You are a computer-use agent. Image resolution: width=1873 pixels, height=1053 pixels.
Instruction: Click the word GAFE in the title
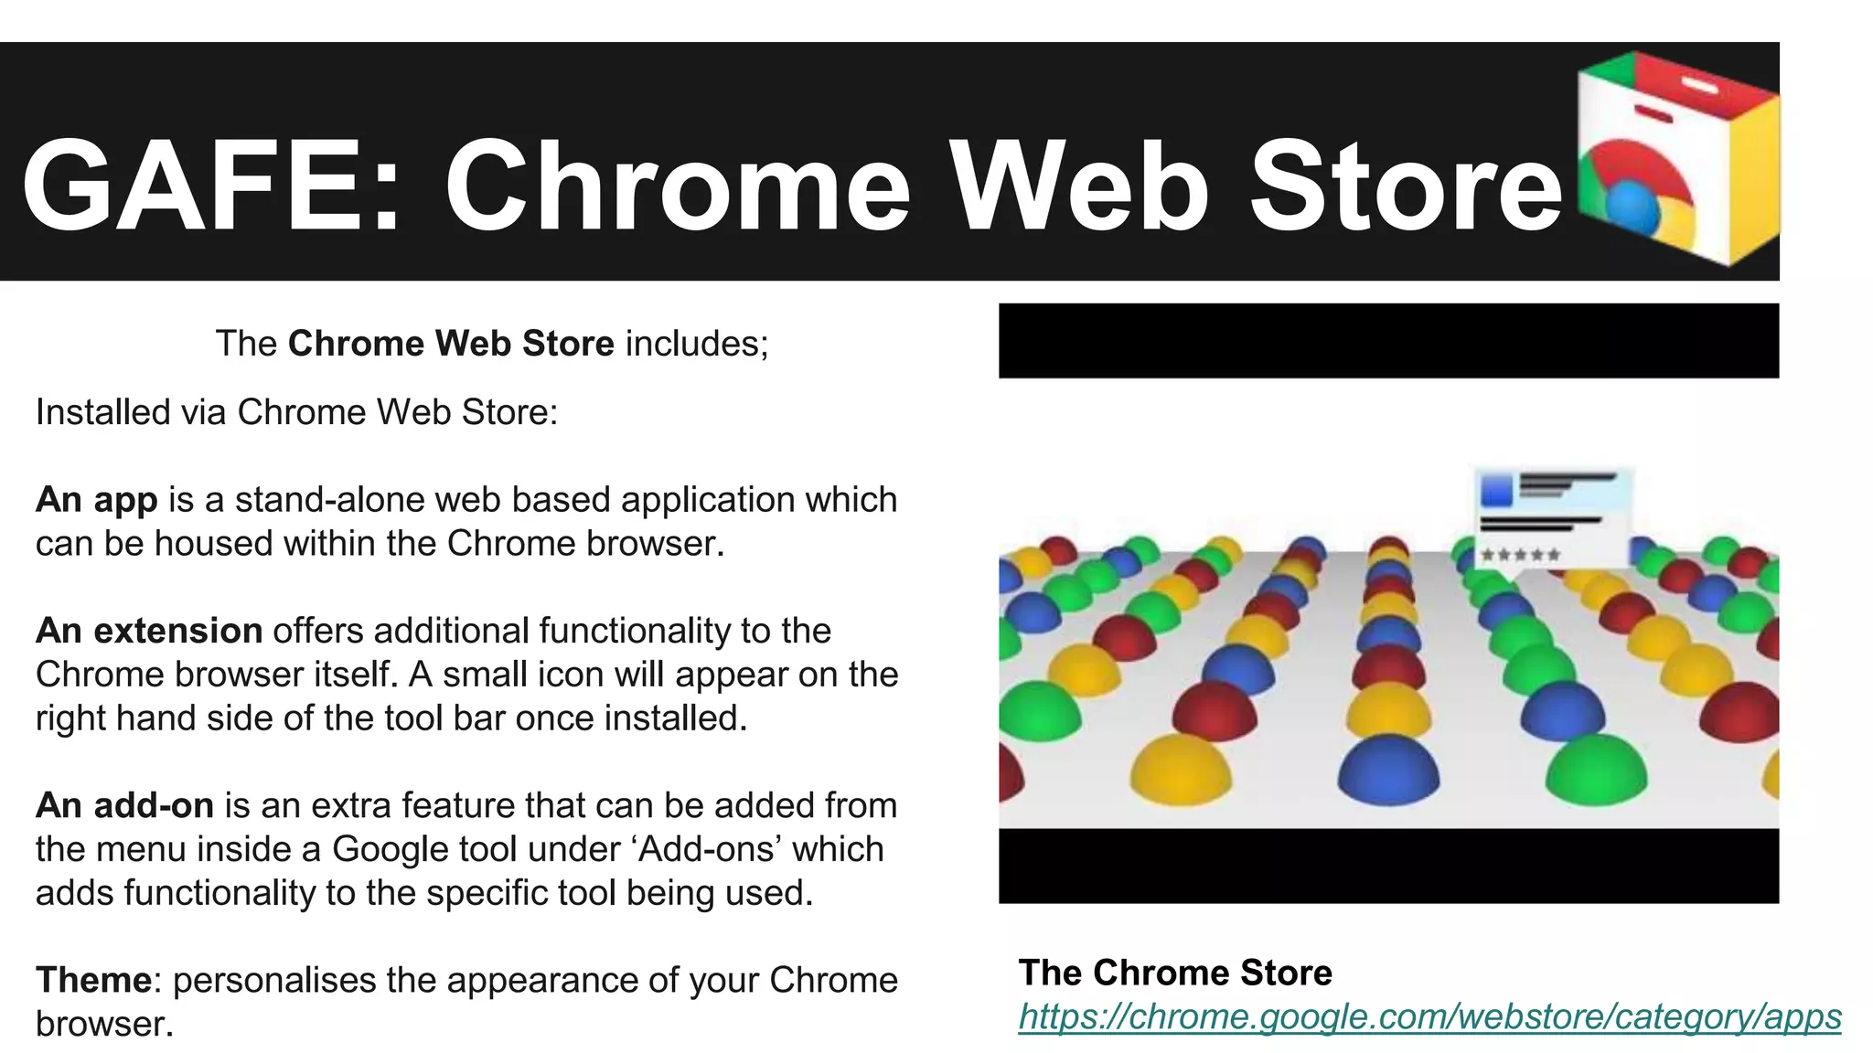coord(192,186)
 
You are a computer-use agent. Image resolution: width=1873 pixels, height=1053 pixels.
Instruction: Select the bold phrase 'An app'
coord(96,500)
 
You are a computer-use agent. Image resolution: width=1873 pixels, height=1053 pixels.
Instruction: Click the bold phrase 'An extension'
coord(149,631)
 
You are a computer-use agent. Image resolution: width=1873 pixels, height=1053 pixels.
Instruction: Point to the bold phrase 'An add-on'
coord(124,805)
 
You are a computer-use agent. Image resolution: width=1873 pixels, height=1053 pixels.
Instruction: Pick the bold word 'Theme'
coord(93,980)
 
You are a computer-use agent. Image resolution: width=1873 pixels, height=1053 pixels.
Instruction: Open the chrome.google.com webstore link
coord(1429,1016)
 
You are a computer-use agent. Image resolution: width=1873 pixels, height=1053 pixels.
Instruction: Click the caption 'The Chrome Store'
coord(1175,973)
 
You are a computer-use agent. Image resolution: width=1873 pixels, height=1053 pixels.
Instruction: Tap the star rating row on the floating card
coord(1520,554)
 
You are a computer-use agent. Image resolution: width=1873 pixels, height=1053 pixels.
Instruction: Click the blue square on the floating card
coord(1496,491)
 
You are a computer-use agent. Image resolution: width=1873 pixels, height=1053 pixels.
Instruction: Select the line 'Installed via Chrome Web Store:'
coord(296,412)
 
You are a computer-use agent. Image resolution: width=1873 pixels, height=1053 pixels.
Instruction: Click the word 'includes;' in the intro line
coord(697,344)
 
